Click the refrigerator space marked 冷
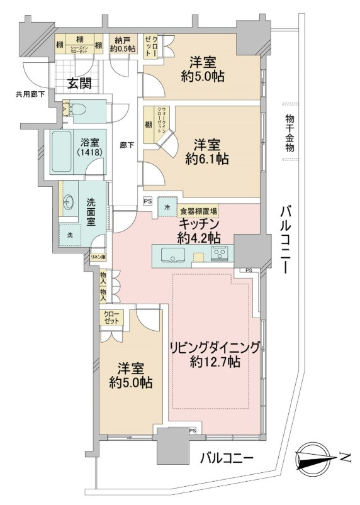point(167,208)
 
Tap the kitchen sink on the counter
point(171,255)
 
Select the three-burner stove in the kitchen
point(220,254)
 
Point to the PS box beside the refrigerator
point(148,201)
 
